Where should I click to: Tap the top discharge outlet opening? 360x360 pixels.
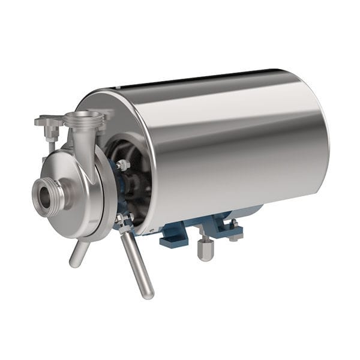[x=83, y=116]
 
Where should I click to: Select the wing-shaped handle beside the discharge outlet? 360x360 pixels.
[x=49, y=122]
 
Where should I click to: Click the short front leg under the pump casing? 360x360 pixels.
[x=79, y=253]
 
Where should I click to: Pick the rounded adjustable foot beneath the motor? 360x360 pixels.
[x=205, y=248]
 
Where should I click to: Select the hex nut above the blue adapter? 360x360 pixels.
[x=123, y=164]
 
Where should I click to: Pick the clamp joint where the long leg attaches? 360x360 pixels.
[x=124, y=223]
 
